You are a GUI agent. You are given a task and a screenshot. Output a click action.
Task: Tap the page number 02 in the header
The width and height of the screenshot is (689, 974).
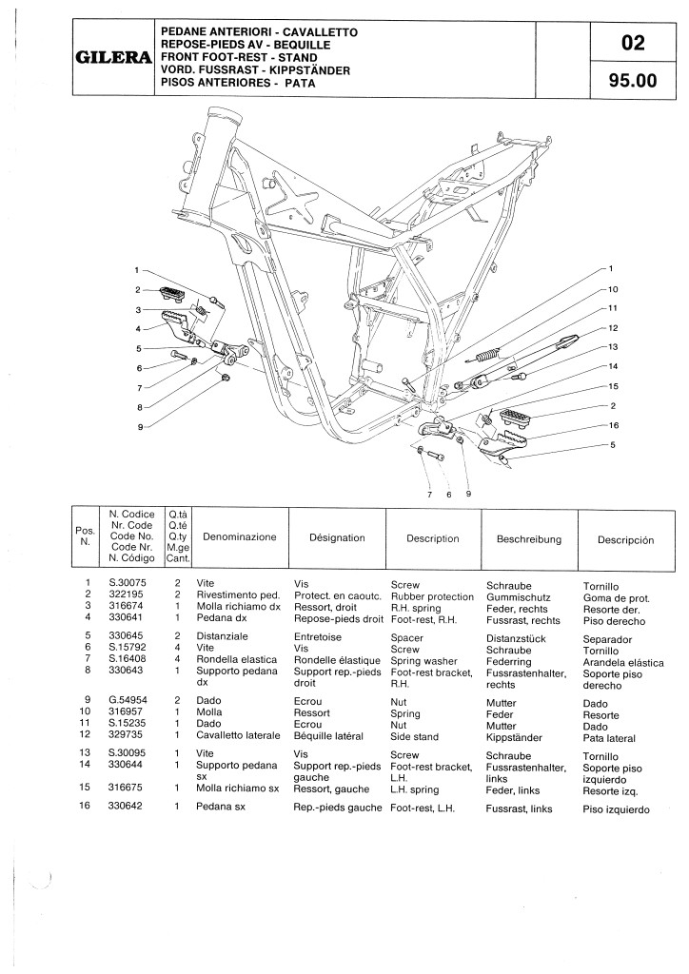[x=632, y=43]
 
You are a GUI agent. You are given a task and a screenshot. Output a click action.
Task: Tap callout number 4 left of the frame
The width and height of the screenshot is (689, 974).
[x=138, y=329]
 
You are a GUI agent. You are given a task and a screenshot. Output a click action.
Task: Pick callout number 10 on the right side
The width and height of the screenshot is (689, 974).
[x=613, y=289]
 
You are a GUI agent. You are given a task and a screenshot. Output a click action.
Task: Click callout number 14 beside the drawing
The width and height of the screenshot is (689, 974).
[x=613, y=367]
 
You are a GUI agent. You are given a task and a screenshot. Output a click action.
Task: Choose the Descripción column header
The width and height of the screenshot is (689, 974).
[x=625, y=539]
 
